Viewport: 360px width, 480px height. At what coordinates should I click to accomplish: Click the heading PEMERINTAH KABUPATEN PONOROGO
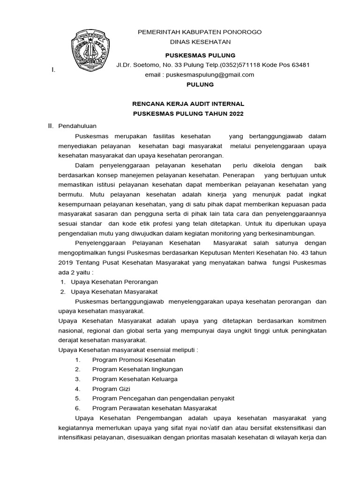point(199,32)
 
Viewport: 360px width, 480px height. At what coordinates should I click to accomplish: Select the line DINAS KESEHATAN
point(200,42)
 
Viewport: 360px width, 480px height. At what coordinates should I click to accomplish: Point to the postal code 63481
point(299,65)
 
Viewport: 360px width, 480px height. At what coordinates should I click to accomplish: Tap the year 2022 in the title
point(235,114)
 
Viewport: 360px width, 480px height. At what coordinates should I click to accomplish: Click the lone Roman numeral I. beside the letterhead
point(53,70)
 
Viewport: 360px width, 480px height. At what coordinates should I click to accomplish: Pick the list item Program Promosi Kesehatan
point(134,360)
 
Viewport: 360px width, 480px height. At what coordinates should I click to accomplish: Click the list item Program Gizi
point(111,389)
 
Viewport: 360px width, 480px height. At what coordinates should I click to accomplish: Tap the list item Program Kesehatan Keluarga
point(135,379)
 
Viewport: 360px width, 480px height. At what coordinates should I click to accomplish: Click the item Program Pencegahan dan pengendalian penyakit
point(163,398)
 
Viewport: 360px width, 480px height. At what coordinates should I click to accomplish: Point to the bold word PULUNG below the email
point(200,85)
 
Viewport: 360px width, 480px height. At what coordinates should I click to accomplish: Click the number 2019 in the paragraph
point(66,262)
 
